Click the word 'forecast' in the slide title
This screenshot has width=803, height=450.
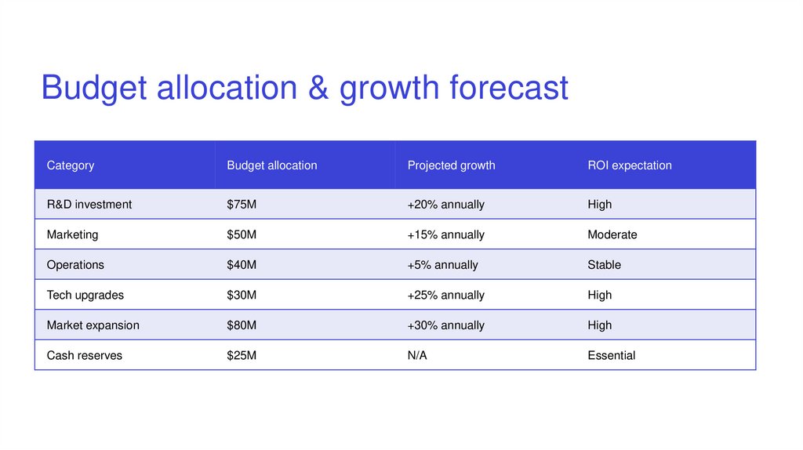[x=509, y=87]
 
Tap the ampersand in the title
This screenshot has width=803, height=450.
[x=318, y=87]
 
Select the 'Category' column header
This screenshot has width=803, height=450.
[x=71, y=165]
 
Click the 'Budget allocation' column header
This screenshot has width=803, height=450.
[x=272, y=165]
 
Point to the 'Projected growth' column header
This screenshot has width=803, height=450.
[x=451, y=165]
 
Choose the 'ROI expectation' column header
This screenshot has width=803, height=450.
[x=630, y=165]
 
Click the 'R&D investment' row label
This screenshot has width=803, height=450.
[x=89, y=205]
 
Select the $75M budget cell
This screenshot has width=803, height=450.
[x=242, y=205]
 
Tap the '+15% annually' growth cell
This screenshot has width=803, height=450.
[x=445, y=234]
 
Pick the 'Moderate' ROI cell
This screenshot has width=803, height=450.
[x=612, y=234]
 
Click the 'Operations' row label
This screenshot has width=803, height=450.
[x=75, y=265]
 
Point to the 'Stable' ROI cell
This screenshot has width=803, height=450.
[x=604, y=265]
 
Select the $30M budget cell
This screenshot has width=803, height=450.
[x=242, y=296]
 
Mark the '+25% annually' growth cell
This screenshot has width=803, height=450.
[x=445, y=296]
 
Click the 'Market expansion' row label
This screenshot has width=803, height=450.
[x=93, y=325]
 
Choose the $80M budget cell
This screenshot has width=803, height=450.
[x=242, y=325]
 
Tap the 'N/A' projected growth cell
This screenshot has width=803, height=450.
[x=417, y=356]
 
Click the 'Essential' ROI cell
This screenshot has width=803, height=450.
[x=612, y=356]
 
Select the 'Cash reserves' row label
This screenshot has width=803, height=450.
[x=85, y=356]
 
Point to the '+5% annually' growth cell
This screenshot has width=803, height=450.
[x=442, y=265]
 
